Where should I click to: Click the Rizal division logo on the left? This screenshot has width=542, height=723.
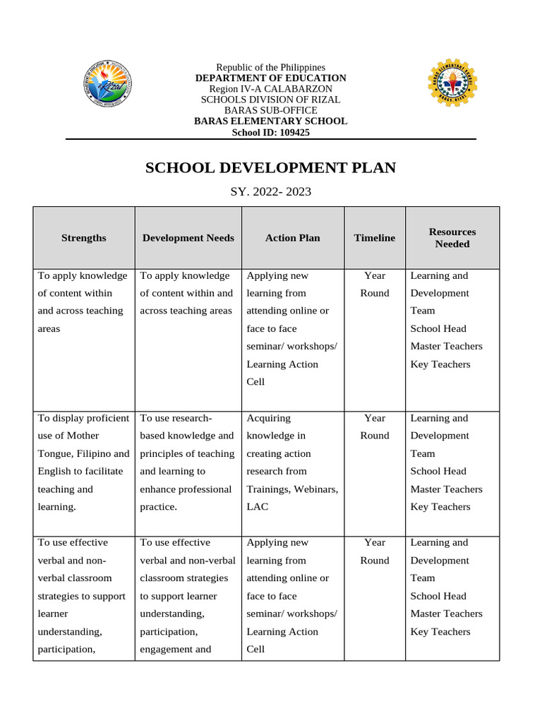pyautogui.click(x=107, y=84)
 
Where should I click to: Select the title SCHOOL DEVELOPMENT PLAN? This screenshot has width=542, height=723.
pyautogui.click(x=270, y=168)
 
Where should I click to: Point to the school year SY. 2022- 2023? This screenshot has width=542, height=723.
pyautogui.click(x=270, y=191)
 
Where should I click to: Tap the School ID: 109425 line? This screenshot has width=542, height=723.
pyautogui.click(x=270, y=132)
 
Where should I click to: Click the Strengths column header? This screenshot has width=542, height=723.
pyautogui.click(x=83, y=238)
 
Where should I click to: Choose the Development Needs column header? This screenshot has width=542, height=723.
pyautogui.click(x=188, y=238)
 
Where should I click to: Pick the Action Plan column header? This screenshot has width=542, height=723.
pyautogui.click(x=292, y=238)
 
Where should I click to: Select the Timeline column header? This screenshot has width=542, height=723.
pyautogui.click(x=374, y=238)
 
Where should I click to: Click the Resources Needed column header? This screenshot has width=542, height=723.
pyautogui.click(x=452, y=238)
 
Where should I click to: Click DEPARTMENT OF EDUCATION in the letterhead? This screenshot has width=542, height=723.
pyautogui.click(x=270, y=78)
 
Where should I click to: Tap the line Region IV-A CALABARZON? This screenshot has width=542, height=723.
pyautogui.click(x=270, y=89)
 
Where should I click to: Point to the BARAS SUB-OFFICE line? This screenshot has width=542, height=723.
pyautogui.click(x=270, y=110)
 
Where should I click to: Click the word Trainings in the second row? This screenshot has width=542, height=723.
pyautogui.click(x=269, y=489)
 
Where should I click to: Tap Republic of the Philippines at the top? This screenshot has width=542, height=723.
pyautogui.click(x=270, y=67)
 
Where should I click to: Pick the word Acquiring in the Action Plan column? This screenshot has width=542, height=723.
pyautogui.click(x=268, y=418)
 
